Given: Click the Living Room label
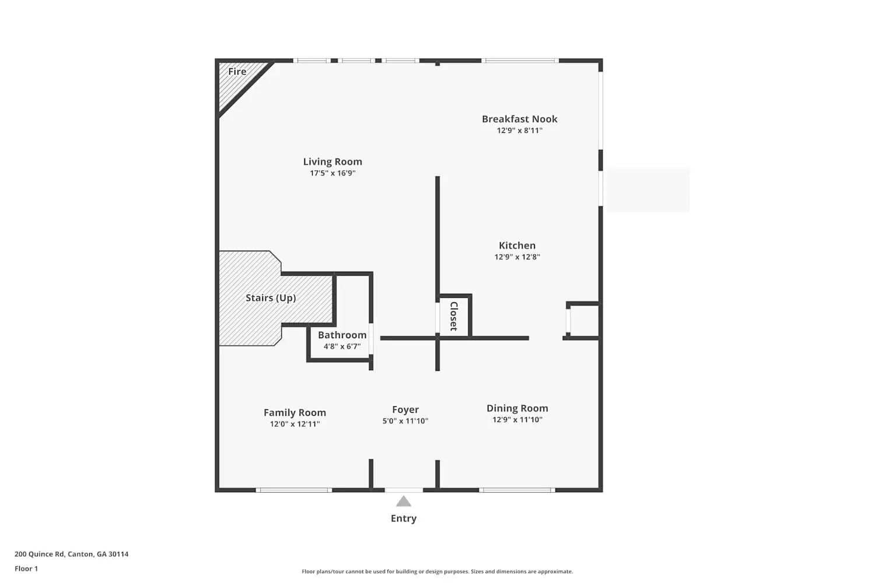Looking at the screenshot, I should (x=332, y=161).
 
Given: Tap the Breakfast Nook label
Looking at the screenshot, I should (x=519, y=119).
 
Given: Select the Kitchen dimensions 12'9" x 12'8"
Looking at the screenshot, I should (x=517, y=257).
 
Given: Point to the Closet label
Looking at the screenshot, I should (x=454, y=316).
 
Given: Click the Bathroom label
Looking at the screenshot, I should (x=342, y=335).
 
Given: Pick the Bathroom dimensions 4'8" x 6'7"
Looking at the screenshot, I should (x=342, y=346).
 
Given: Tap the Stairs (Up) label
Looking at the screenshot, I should (x=271, y=298).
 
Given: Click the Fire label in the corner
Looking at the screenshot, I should (x=237, y=72).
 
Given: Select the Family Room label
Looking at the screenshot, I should (x=295, y=413).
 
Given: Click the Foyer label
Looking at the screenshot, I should (x=405, y=410).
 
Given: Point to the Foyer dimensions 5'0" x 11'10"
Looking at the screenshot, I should (x=405, y=421).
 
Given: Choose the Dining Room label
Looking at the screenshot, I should (x=517, y=408).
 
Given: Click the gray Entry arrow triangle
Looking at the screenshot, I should (x=404, y=501).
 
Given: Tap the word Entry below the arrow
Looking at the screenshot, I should (x=404, y=518).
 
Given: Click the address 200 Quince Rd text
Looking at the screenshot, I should (x=71, y=554).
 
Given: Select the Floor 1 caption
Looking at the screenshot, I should (x=26, y=568).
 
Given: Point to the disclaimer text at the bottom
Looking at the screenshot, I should (x=437, y=571).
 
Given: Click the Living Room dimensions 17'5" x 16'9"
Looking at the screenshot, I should (x=332, y=173).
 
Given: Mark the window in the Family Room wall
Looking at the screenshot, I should (x=294, y=490).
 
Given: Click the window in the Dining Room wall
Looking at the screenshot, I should (x=517, y=490).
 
